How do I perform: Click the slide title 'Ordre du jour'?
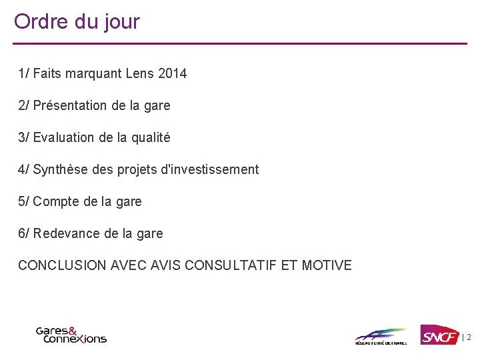pos(77,21)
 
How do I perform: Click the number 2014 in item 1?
pos(173,73)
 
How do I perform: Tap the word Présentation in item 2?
pos(70,105)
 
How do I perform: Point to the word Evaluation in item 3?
pos(64,137)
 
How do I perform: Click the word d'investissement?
pos(215,169)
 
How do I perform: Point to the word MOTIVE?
pos(327,265)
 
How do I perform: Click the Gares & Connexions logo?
pos(71,334)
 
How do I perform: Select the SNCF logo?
pos(439,334)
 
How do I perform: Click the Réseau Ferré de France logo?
pos(381,336)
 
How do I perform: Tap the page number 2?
pos(469,338)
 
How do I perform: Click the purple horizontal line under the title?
pos(240,44)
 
